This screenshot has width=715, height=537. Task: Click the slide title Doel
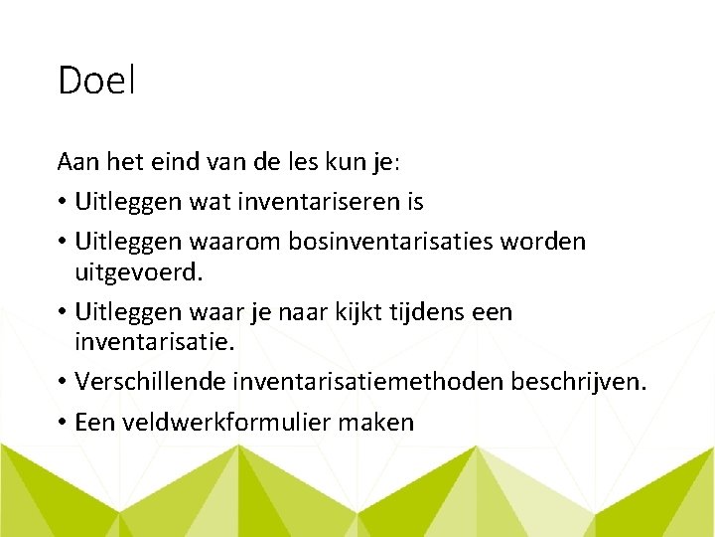tap(95, 81)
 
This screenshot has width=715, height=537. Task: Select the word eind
tap(175, 160)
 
